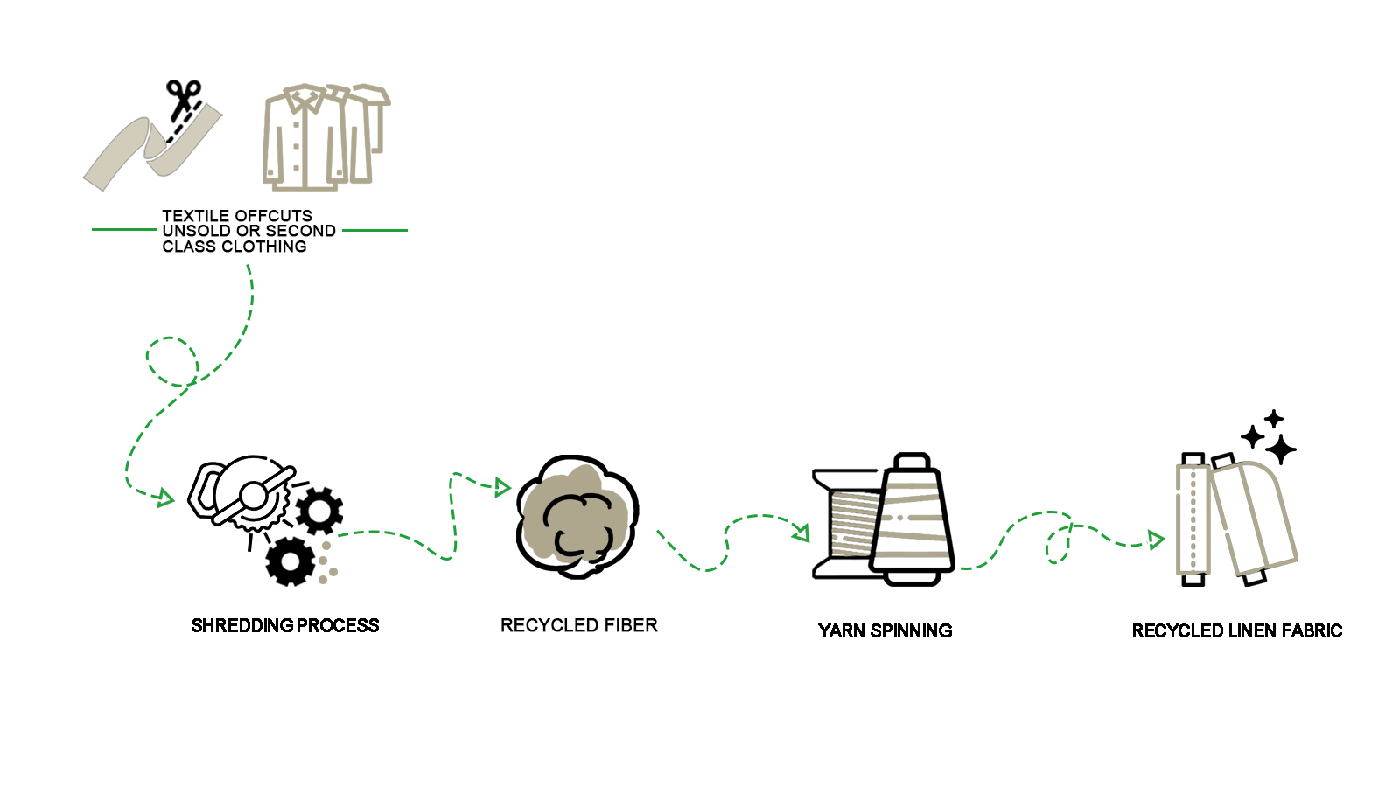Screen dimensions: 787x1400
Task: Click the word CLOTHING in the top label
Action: point(263,247)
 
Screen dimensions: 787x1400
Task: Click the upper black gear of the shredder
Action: point(319,510)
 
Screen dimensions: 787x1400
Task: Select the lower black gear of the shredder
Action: point(290,561)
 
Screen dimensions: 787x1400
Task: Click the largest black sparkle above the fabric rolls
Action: point(1281,449)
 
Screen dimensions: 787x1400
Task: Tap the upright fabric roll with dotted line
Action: point(1193,520)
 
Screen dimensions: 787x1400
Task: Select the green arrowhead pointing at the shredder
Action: point(164,498)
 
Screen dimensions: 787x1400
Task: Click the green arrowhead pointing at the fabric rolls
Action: point(1156,540)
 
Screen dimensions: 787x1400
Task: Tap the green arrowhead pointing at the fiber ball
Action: point(502,487)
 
